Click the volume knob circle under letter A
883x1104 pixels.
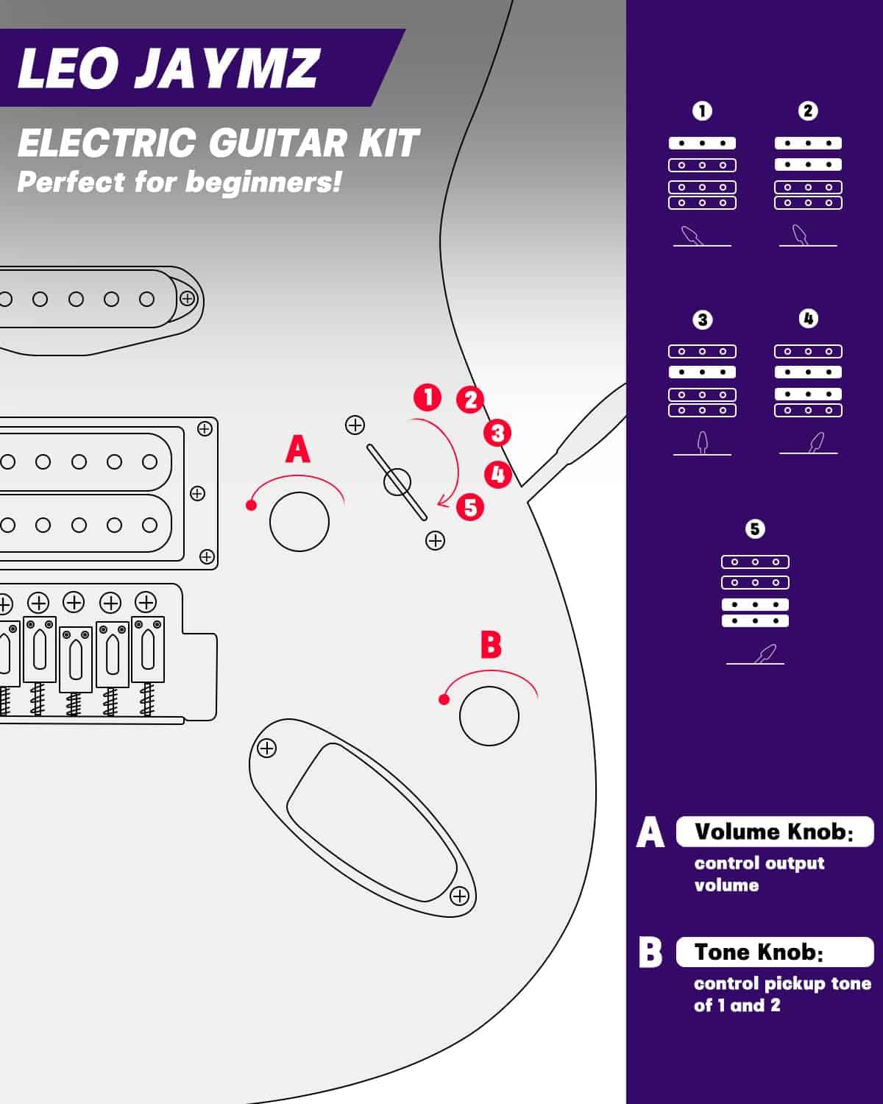click(x=299, y=522)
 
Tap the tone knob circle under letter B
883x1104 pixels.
click(x=489, y=715)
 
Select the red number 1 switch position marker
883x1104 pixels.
click(x=428, y=397)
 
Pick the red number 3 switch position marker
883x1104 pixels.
click(x=497, y=433)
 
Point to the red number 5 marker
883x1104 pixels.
click(x=469, y=507)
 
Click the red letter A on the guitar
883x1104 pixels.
click(x=298, y=449)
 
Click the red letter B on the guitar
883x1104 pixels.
click(x=490, y=644)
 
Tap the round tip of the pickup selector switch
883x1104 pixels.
click(x=397, y=482)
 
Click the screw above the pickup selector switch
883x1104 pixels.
click(x=355, y=425)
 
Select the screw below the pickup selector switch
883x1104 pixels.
click(x=436, y=541)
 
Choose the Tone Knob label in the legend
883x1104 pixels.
click(x=758, y=952)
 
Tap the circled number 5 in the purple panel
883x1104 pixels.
click(x=755, y=529)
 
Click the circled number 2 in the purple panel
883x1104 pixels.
click(x=808, y=111)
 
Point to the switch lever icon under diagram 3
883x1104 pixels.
click(x=703, y=442)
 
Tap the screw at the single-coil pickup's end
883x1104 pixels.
click(x=188, y=299)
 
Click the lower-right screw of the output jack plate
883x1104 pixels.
click(x=459, y=896)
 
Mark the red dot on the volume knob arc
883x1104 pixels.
click(x=251, y=505)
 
